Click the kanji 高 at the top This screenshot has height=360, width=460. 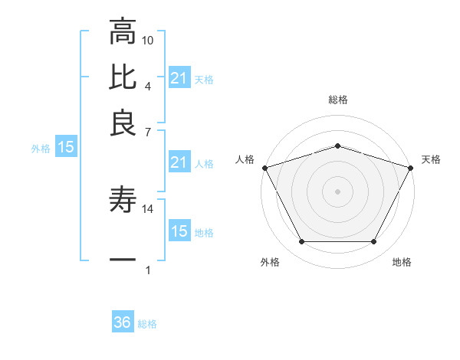pos(123,33)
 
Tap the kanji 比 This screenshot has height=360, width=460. pos(123,77)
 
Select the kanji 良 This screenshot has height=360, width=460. pos(123,122)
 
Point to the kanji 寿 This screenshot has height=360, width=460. pos(123,201)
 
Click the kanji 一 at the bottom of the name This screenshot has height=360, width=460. pos(123,260)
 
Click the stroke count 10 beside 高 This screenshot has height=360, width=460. pos(148,40)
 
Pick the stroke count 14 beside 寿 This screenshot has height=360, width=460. pos(148,208)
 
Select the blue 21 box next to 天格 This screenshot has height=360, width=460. pos(179,78)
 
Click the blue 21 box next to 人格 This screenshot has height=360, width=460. pos(179,162)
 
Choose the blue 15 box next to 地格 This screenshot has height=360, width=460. pos(179,231)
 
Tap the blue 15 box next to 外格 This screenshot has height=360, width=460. pos(65,148)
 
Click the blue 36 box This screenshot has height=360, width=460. pos(123,322)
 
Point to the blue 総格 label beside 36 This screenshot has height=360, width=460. pos(147,324)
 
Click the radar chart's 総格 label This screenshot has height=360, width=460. pos(337,100)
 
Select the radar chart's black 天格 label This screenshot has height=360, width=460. pos(431,159)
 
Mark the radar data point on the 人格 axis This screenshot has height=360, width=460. pos(264,167)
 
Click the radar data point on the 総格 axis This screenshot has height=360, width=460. pos(337,146)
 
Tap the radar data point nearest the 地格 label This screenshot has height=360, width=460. pos(373,241)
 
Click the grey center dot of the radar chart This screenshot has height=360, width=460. pos(337,191)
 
